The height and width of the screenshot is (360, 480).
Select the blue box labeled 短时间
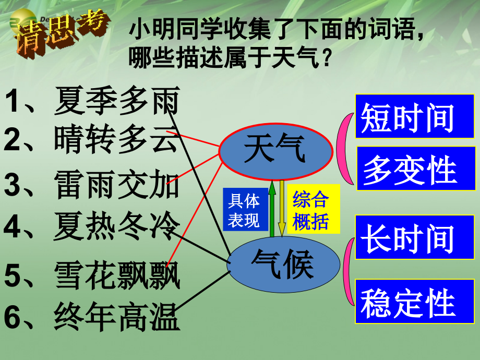coord(407,116)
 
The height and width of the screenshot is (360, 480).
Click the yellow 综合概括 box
coord(311,209)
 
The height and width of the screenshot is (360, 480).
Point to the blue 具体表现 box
coord(244,209)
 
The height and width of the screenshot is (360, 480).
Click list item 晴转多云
coord(92,140)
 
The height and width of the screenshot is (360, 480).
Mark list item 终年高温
coord(92,317)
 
